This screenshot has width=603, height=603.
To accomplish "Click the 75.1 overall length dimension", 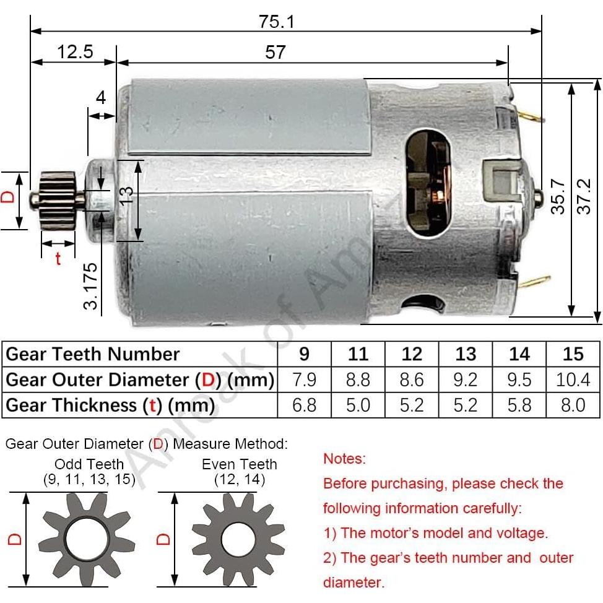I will pyautogui.click(x=276, y=21).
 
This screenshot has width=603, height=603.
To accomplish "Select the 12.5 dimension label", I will pyautogui.click(x=75, y=51).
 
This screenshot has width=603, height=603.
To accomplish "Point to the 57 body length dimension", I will pyautogui.click(x=275, y=52).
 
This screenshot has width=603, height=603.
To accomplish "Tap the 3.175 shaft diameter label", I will pyautogui.click(x=92, y=286).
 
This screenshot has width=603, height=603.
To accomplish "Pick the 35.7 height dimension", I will pyautogui.click(x=558, y=197).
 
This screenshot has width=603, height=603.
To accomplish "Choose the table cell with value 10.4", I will pyautogui.click(x=573, y=380).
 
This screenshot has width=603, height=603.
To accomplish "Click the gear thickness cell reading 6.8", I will pyautogui.click(x=304, y=406).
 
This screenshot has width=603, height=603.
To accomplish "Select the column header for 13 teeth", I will pyautogui.click(x=466, y=354).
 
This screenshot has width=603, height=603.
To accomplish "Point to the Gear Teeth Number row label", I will pyautogui.click(x=93, y=354).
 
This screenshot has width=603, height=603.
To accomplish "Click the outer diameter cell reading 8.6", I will pyautogui.click(x=412, y=380).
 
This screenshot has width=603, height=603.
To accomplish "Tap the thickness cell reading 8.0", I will pyautogui.click(x=573, y=406).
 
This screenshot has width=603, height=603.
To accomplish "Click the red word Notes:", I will pyautogui.click(x=344, y=459).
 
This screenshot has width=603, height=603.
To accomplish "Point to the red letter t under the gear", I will pyautogui.click(x=58, y=259).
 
